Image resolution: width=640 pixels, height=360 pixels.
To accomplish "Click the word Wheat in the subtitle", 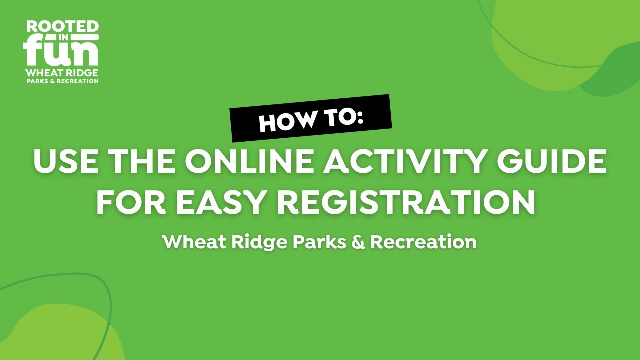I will [x=192, y=242].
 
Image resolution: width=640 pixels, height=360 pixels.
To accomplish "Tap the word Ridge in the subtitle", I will [x=257, y=243].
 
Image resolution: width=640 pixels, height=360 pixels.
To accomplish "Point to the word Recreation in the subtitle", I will [x=423, y=242].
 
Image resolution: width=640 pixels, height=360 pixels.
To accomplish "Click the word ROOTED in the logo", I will [x=62, y=27].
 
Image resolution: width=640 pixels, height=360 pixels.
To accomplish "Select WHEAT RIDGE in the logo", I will [x=62, y=73].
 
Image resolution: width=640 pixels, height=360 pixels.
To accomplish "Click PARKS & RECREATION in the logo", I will [x=62, y=81].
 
